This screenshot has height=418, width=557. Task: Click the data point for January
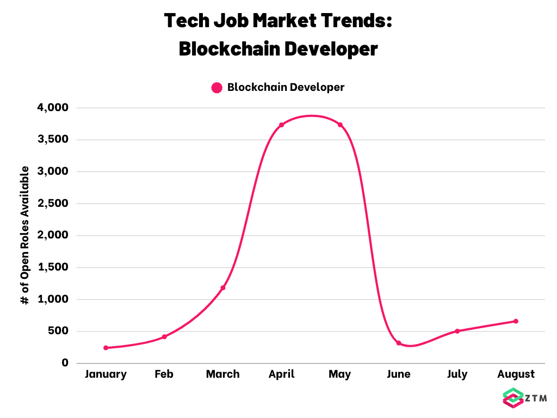point(106,348)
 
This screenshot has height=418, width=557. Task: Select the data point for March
point(223,287)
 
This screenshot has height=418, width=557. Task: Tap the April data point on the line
point(282,125)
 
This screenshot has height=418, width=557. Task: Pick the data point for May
point(341,125)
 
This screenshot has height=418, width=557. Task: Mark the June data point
point(399,343)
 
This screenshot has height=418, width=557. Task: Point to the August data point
point(516,321)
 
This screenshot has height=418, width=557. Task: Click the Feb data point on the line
point(164,336)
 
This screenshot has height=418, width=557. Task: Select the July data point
point(457,331)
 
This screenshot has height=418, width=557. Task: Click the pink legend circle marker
point(216,88)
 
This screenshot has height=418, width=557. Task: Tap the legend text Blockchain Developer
point(286,87)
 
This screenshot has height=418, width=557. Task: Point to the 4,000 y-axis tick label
point(53,107)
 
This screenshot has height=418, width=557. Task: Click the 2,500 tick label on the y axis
point(53,204)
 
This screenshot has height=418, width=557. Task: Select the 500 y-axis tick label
point(58,331)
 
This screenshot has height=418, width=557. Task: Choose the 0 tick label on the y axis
point(65,362)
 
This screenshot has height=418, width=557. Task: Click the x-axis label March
point(223,374)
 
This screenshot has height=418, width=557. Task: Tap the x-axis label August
point(516,374)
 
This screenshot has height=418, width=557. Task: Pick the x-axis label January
point(106,374)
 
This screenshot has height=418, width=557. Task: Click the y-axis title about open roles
point(24,235)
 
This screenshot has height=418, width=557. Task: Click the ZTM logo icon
point(513,398)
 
